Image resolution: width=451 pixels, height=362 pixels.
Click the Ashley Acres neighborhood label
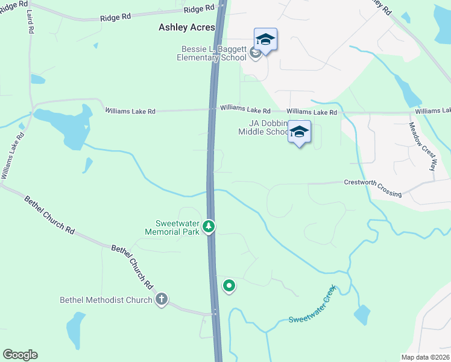186,27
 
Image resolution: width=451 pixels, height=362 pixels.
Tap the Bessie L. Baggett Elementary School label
211,53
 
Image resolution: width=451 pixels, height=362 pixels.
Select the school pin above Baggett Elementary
265,40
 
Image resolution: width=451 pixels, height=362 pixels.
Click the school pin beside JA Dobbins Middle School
299,132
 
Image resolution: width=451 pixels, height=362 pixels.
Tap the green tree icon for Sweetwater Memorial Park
209,226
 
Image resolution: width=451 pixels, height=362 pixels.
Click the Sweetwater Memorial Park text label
174,226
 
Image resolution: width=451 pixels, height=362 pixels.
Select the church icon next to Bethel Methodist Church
161,299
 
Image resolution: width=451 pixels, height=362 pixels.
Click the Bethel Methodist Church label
106,300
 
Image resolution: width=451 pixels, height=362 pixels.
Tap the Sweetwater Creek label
312,308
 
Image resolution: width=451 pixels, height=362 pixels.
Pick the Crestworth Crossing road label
373,187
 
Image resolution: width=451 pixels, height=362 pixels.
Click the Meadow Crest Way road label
421,147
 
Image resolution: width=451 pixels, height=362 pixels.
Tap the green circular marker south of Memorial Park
229,285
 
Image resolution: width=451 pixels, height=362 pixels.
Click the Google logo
20,355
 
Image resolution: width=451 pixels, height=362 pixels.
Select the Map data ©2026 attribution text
425,357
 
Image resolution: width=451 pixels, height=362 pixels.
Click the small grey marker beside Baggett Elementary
255,54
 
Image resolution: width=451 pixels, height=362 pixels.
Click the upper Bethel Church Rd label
49,214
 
